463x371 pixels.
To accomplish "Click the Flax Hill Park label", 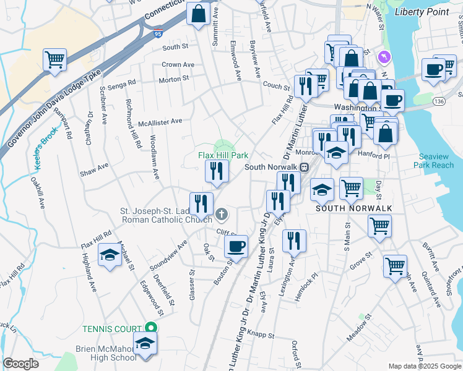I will click(223, 155).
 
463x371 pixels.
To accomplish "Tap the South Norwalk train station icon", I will click(305, 167).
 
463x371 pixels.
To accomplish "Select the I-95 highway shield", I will click(160, 33).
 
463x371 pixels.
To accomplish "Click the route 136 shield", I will click(439, 101).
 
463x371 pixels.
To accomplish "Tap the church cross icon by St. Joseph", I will click(222, 215).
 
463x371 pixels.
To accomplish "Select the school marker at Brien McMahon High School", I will click(145, 344).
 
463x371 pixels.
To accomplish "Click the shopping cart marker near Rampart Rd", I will click(55, 60).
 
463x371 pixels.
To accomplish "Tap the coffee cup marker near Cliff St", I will click(236, 246).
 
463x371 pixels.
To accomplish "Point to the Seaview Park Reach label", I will click(436, 161).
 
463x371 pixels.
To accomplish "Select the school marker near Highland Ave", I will click(110, 254).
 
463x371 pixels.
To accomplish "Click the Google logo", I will click(20, 364).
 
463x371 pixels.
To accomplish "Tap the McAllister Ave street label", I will click(160, 122).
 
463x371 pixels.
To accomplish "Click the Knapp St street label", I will click(262, 335).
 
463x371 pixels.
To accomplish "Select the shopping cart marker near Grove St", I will click(395, 266).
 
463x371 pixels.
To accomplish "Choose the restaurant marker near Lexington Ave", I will click(294, 239).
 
